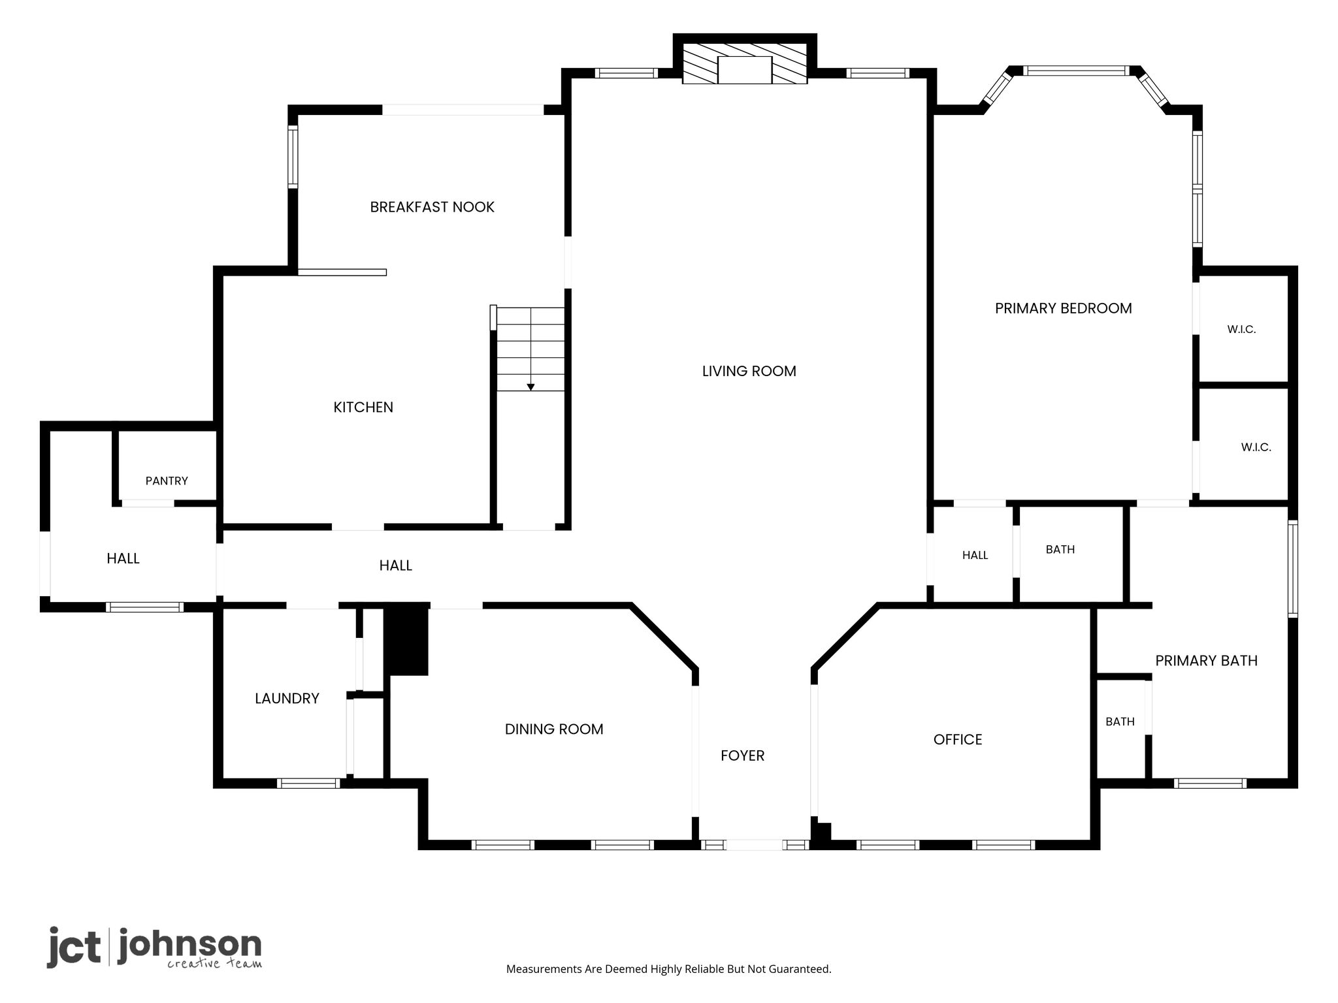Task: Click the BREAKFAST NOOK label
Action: click(432, 207)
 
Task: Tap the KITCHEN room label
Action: click(363, 407)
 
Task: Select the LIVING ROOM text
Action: click(749, 371)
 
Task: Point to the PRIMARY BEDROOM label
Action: click(1063, 308)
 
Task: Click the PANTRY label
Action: click(167, 481)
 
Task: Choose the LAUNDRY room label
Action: click(287, 699)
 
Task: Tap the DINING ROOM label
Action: click(554, 729)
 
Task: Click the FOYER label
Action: click(742, 756)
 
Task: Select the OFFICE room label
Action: click(958, 739)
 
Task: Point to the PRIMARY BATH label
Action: click(1206, 661)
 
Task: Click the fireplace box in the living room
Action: click(745, 70)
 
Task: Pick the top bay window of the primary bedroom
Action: click(1075, 71)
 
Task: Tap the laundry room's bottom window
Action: click(308, 783)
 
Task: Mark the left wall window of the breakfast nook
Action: click(293, 157)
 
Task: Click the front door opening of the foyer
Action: click(755, 844)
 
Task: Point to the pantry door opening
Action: click(148, 503)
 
